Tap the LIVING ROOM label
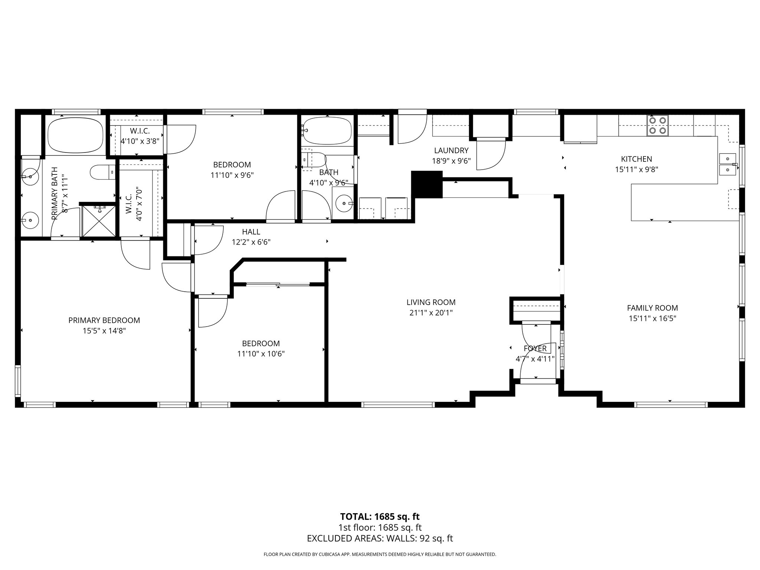click(431, 302)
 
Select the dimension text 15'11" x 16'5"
click(652, 318)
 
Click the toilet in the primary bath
click(102, 172)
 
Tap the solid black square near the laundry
click(427, 184)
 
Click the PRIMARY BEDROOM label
click(104, 320)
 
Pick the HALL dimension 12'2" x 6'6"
click(251, 242)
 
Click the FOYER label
click(535, 348)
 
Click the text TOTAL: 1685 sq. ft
click(380, 517)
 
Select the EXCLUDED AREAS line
click(380, 538)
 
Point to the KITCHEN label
click(636, 159)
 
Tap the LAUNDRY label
click(451, 151)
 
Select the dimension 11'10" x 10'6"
click(261, 354)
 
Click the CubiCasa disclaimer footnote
click(380, 554)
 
